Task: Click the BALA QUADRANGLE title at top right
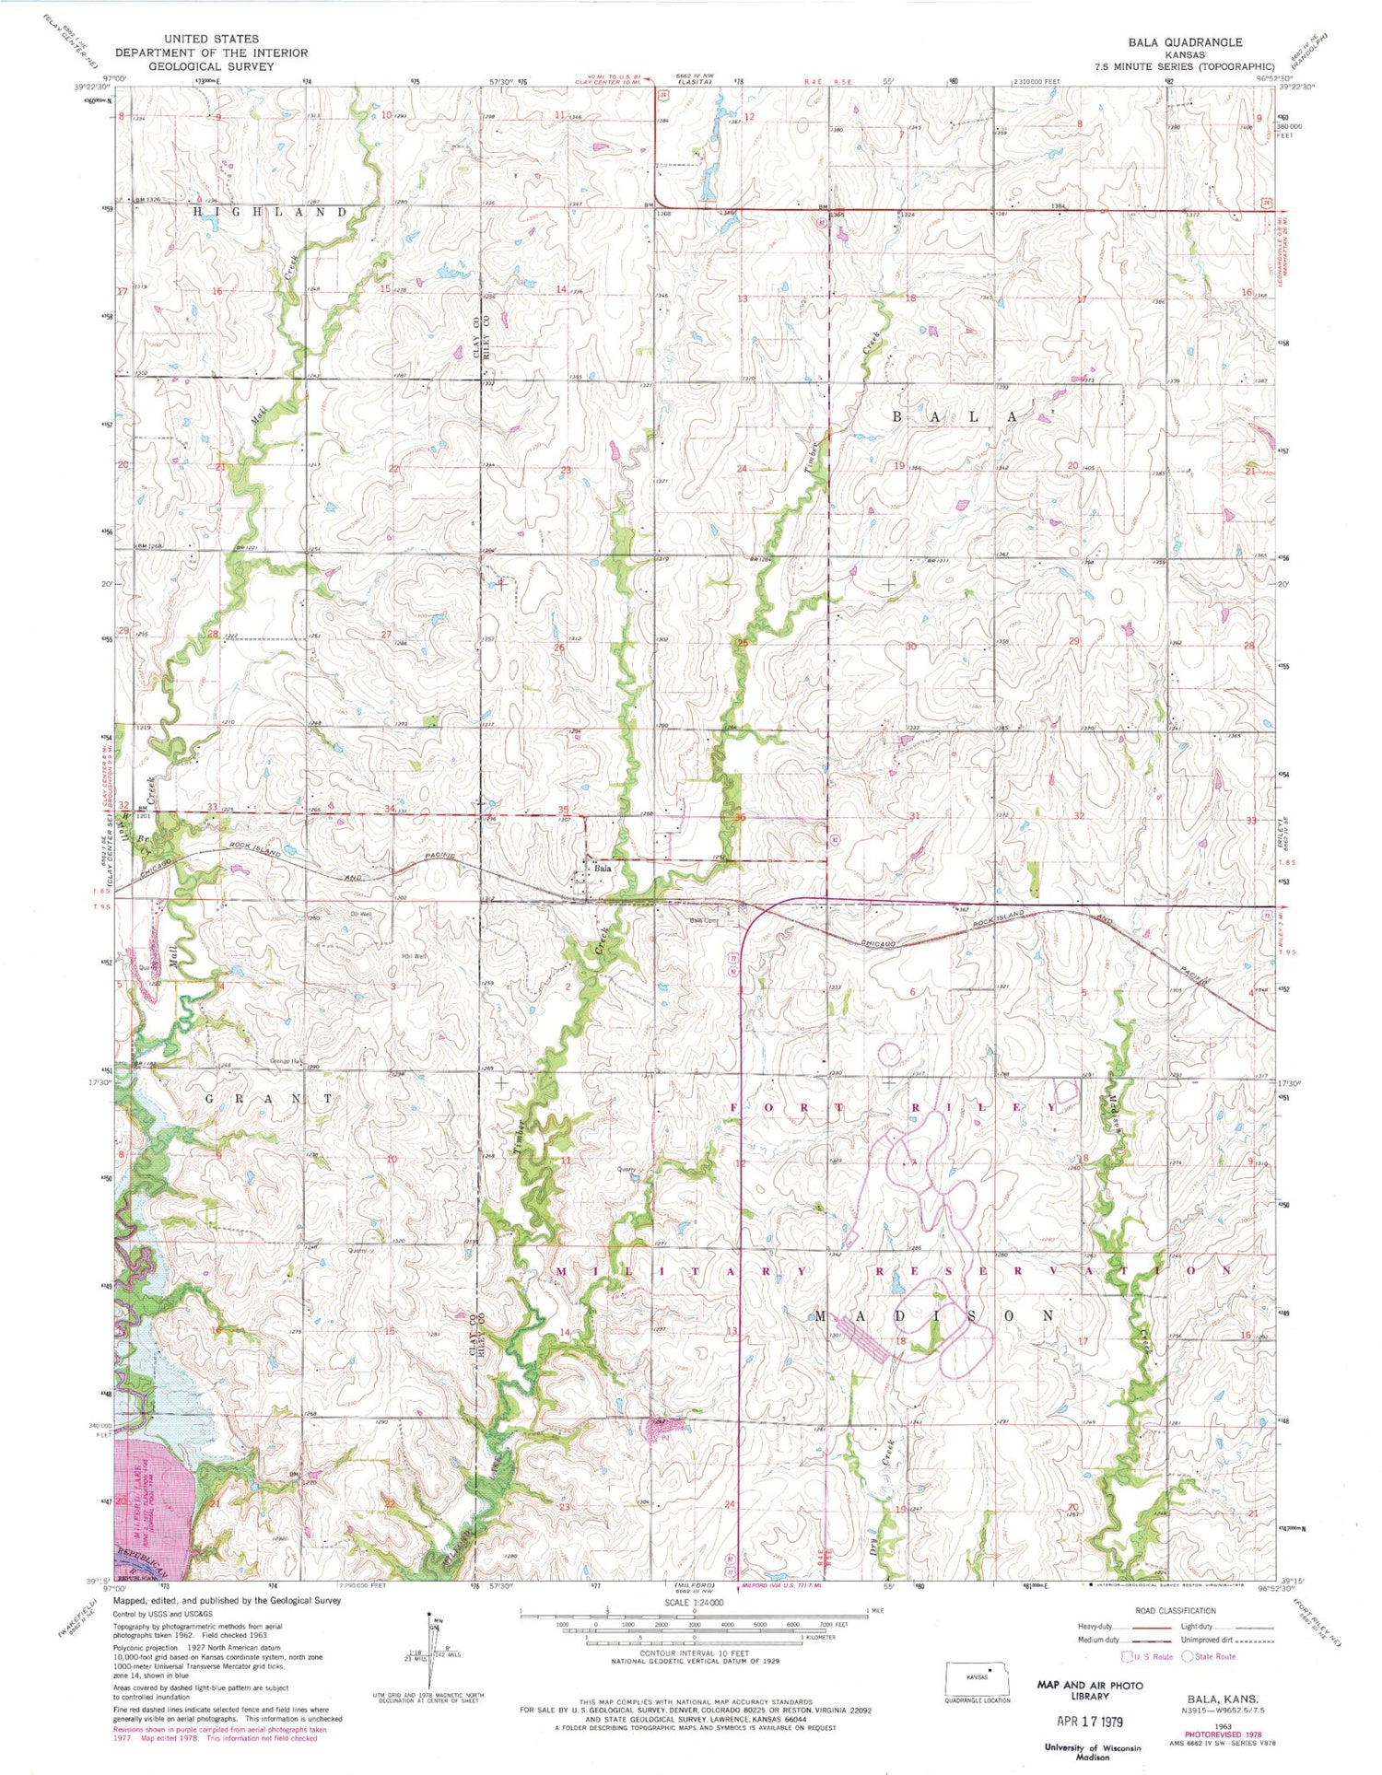[x=1188, y=42]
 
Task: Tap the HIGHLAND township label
[x=271, y=212]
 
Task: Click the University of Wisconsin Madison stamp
[x=1092, y=1753]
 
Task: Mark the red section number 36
[x=739, y=817]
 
